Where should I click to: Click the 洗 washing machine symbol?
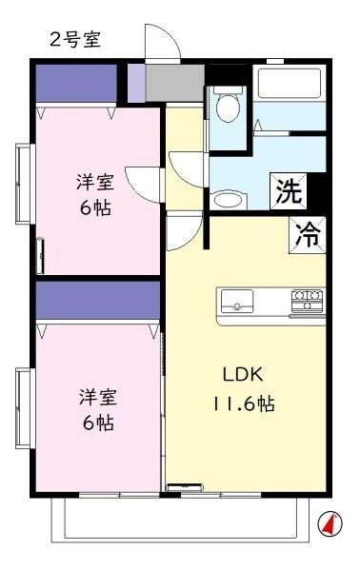click(x=290, y=192)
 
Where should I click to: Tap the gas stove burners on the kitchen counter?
click(x=307, y=301)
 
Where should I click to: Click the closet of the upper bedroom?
click(x=75, y=84)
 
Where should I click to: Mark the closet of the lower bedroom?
click(x=95, y=300)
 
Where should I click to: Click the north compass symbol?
click(x=329, y=522)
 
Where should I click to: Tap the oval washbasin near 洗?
click(x=227, y=200)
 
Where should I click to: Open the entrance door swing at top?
click(x=161, y=43)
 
